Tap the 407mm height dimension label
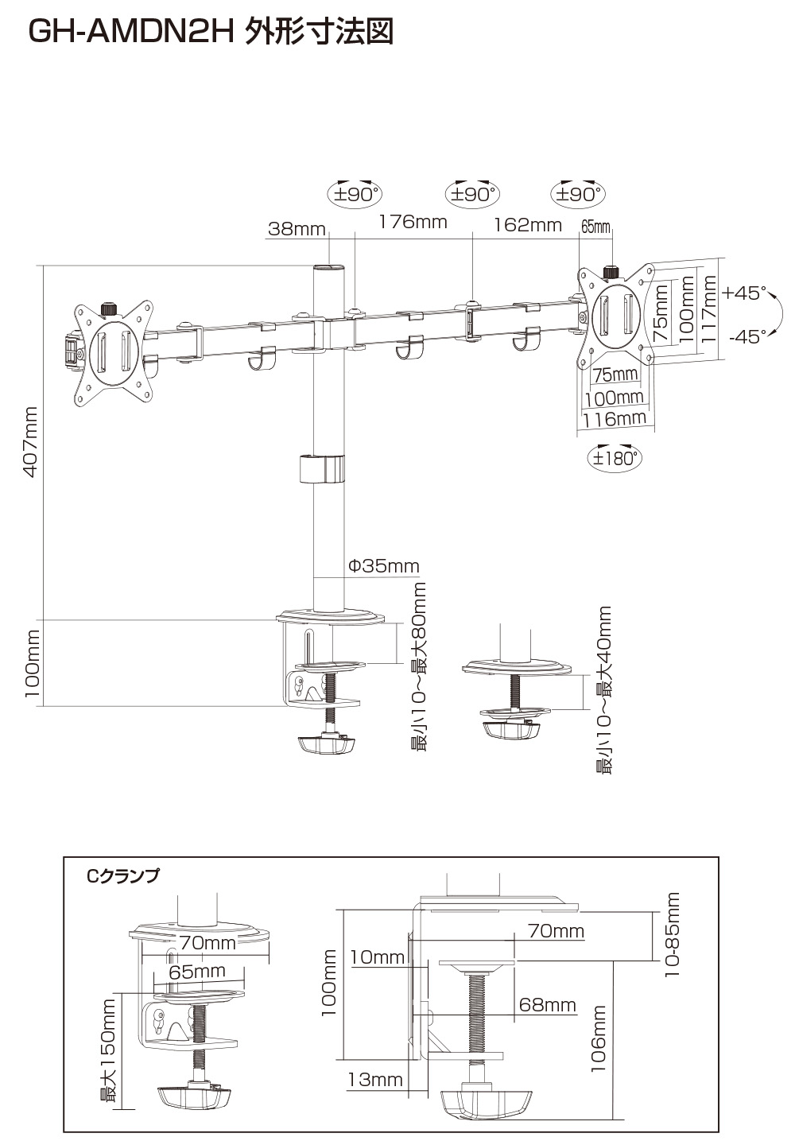(x=30, y=442)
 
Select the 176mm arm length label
(x=413, y=222)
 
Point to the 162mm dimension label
(x=528, y=225)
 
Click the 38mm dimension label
(x=297, y=229)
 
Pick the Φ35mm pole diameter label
(x=384, y=566)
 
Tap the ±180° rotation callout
(x=614, y=458)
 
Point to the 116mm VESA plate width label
(x=614, y=418)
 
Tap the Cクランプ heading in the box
(x=123, y=876)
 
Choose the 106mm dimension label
(x=599, y=1039)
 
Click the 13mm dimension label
(x=374, y=1080)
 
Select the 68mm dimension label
(x=547, y=1004)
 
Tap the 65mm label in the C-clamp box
(x=197, y=971)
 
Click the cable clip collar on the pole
(x=324, y=468)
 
